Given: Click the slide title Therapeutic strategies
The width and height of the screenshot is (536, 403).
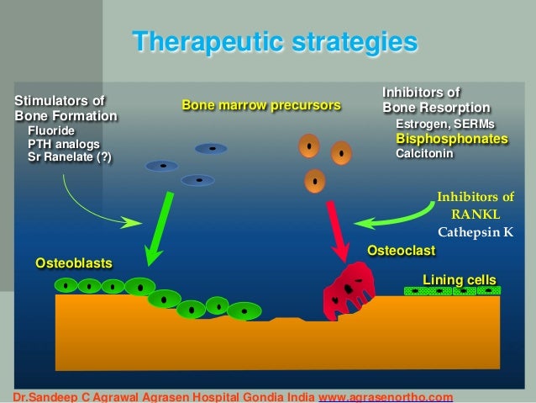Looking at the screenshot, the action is click(275, 41).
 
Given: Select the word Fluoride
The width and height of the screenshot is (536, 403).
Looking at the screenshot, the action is click(51, 131).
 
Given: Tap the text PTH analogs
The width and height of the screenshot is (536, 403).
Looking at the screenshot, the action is click(64, 144).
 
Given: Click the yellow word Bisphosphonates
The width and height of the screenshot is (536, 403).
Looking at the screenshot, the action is click(451, 139).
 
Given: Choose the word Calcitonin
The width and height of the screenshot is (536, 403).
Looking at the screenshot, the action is click(424, 154).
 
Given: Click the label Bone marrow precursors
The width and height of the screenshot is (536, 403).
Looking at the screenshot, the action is click(261, 105).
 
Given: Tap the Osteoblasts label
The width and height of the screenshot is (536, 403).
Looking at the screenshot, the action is click(73, 263).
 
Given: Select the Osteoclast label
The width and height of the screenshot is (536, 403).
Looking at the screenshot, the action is click(401, 251).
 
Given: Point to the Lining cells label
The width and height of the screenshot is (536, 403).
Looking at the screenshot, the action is click(459, 278).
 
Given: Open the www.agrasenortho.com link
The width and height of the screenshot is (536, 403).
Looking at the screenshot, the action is click(387, 396).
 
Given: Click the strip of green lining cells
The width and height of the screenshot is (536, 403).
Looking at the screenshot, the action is click(451, 290).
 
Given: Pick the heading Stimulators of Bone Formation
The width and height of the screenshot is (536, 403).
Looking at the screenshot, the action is click(66, 108).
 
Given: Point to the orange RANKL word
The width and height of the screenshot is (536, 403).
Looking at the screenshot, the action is click(475, 215).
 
